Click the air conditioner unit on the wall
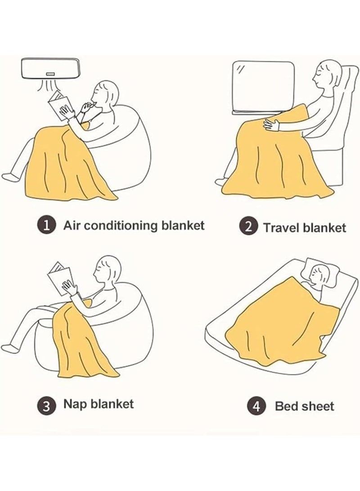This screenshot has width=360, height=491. (x=49, y=68)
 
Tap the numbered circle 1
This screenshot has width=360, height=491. (x=47, y=225)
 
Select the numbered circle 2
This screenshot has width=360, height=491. (x=248, y=226)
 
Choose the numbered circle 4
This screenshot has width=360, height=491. (x=256, y=406)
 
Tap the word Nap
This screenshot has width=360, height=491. (x=75, y=404)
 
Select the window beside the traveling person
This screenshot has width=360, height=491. (x=263, y=87)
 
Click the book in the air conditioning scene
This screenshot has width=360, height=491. (x=59, y=105)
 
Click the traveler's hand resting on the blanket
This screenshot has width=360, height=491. (x=271, y=124)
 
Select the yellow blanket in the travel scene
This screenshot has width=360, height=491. (x=275, y=157)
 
